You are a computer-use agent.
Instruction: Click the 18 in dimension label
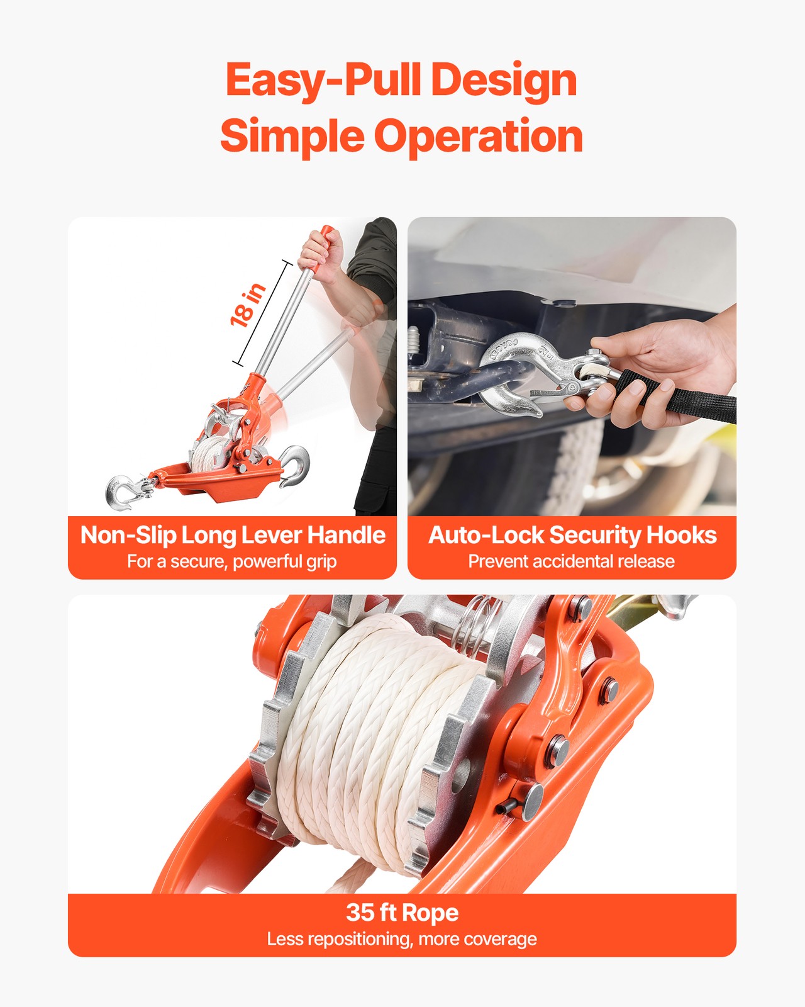[248, 305]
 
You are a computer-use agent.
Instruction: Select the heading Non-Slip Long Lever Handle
[233, 535]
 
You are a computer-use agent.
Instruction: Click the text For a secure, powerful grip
[231, 561]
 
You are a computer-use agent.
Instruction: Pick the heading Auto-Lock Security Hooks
[572, 535]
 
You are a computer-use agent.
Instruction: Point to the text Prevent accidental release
[571, 561]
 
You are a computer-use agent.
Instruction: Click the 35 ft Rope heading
[402, 913]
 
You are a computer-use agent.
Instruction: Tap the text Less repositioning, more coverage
[402, 939]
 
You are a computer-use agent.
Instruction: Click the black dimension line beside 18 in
[264, 313]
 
